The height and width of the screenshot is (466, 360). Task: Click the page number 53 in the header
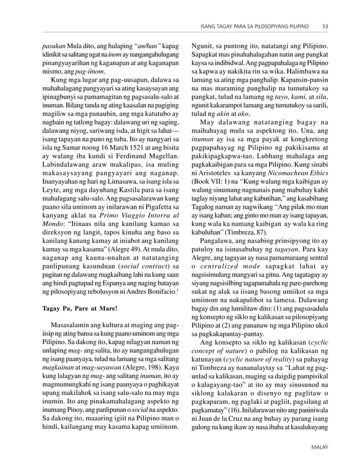click(x=326, y=26)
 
